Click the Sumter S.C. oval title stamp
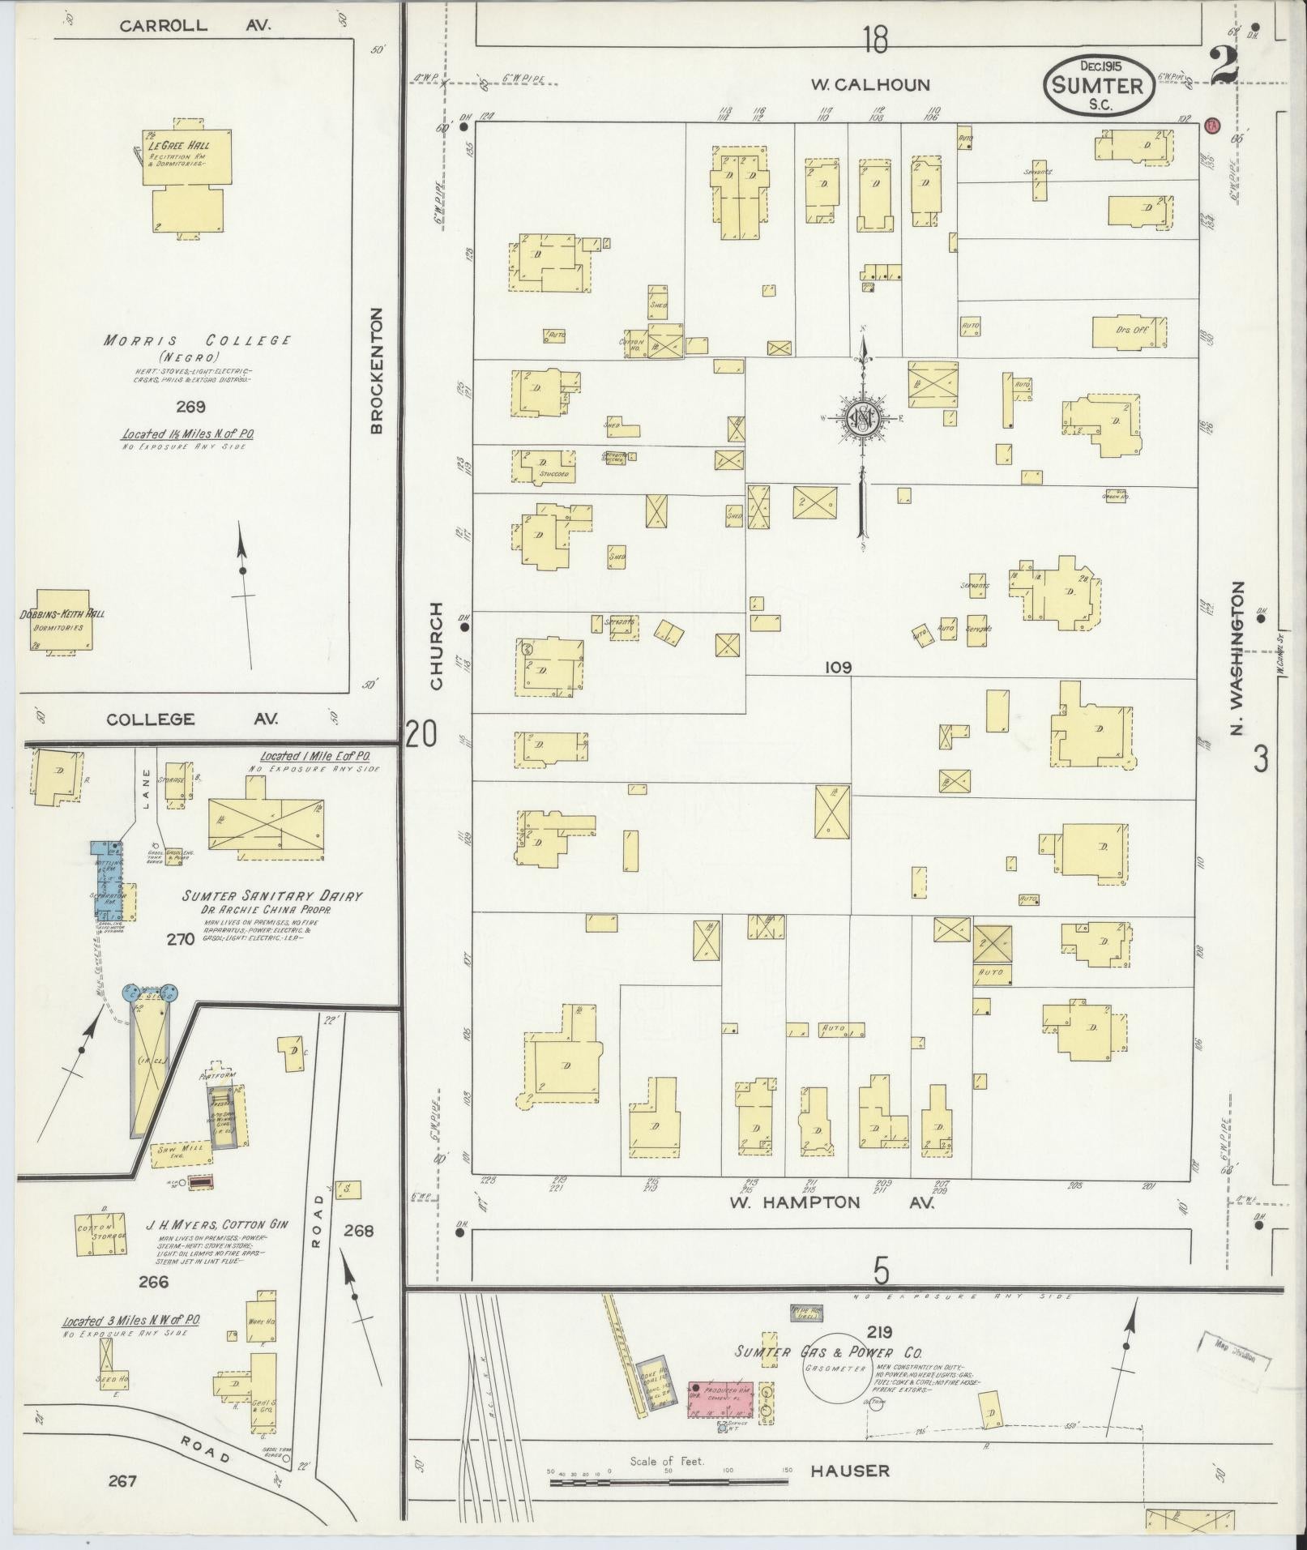(1099, 86)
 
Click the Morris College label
(197, 340)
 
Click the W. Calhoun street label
(869, 84)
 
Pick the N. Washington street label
(1237, 658)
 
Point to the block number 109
(838, 668)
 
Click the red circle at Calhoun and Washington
(1212, 126)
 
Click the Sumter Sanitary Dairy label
(271, 896)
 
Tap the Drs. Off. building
(1130, 332)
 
